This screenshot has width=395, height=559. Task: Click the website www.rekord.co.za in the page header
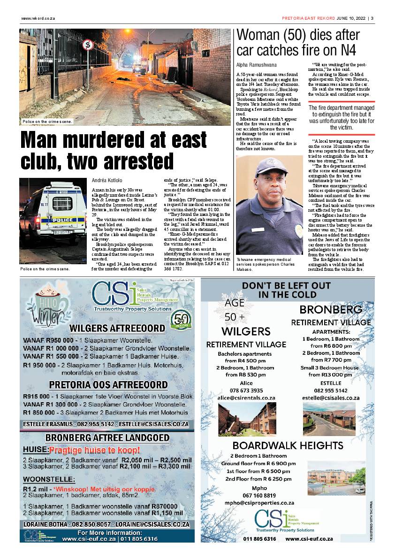point(38,19)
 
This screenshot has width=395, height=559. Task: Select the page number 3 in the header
point(372,19)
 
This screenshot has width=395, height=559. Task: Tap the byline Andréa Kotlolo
point(107,180)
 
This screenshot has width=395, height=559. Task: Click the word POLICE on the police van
point(62,220)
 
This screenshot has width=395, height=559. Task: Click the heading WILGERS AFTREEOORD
point(117,328)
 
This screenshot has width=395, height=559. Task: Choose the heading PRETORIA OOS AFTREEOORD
point(108,385)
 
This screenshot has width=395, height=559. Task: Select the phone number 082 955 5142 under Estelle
point(331,390)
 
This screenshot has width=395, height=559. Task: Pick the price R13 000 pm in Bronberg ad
point(330,375)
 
